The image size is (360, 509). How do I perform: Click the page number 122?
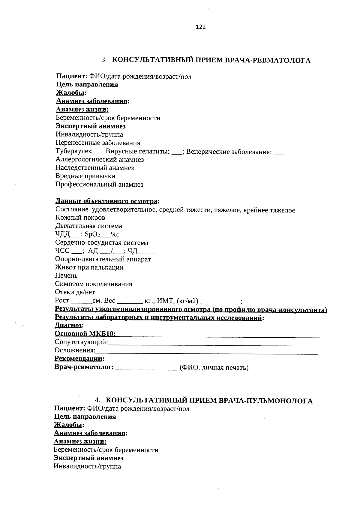(201, 27)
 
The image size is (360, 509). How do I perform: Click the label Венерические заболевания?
(229, 152)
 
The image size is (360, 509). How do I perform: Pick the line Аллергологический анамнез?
(100, 159)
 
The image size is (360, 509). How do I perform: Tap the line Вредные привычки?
(85, 176)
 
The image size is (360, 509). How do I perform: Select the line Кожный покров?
(80, 218)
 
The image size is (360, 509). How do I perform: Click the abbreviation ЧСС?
(62, 251)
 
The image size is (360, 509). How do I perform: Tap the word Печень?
(66, 276)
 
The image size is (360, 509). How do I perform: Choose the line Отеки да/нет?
(75, 292)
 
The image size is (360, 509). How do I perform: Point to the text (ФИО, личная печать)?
(214, 367)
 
